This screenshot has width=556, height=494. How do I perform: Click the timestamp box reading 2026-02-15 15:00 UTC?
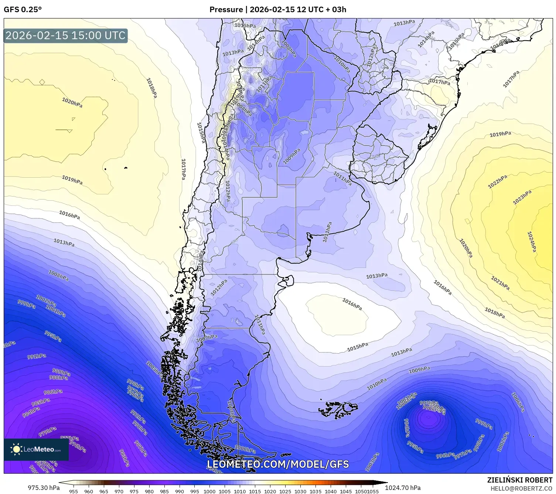click(65, 35)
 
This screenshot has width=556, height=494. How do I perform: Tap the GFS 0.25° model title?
click(23, 10)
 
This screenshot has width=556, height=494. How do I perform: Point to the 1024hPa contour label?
click(531, 242)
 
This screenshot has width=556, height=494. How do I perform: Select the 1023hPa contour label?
click(522, 197)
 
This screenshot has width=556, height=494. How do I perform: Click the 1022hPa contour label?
click(497, 182)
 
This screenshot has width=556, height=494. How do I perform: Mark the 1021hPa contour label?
click(500, 283)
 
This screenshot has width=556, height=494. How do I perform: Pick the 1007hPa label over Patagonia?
click(207, 338)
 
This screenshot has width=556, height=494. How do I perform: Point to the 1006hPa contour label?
click(518, 402)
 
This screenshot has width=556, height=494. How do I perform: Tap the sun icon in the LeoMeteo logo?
click(16, 449)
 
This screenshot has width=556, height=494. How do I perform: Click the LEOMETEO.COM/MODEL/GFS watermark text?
click(278, 464)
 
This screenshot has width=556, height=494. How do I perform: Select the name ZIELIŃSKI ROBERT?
click(520, 480)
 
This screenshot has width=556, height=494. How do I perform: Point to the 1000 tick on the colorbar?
click(209, 491)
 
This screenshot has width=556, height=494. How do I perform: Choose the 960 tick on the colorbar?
click(89, 491)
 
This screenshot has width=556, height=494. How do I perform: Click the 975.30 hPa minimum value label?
click(44, 488)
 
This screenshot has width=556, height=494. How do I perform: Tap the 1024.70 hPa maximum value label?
click(403, 488)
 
